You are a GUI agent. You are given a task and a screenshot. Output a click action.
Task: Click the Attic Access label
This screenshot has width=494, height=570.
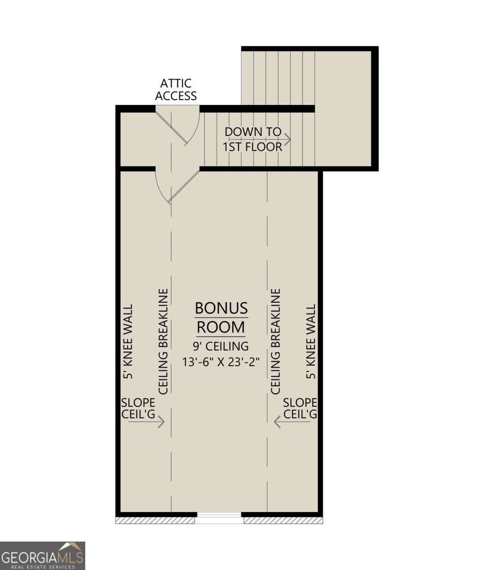point(176,90)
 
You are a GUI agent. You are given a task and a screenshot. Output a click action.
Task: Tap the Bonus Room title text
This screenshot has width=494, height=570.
point(221,317)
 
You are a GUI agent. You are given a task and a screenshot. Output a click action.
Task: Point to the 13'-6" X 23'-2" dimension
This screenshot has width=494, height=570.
point(221,361)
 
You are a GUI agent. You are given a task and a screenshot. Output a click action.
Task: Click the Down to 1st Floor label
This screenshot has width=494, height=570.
point(253,139)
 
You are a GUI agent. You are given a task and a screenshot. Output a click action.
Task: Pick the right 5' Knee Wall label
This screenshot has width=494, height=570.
point(311,341)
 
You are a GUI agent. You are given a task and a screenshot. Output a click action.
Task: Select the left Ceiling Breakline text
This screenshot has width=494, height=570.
point(164,341)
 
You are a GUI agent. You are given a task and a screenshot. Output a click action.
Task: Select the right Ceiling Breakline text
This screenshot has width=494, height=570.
point(275,341)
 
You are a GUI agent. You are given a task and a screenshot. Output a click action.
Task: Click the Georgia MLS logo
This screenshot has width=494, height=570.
point(42,555)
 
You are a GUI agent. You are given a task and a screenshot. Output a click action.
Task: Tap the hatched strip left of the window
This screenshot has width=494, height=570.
point(155,521)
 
